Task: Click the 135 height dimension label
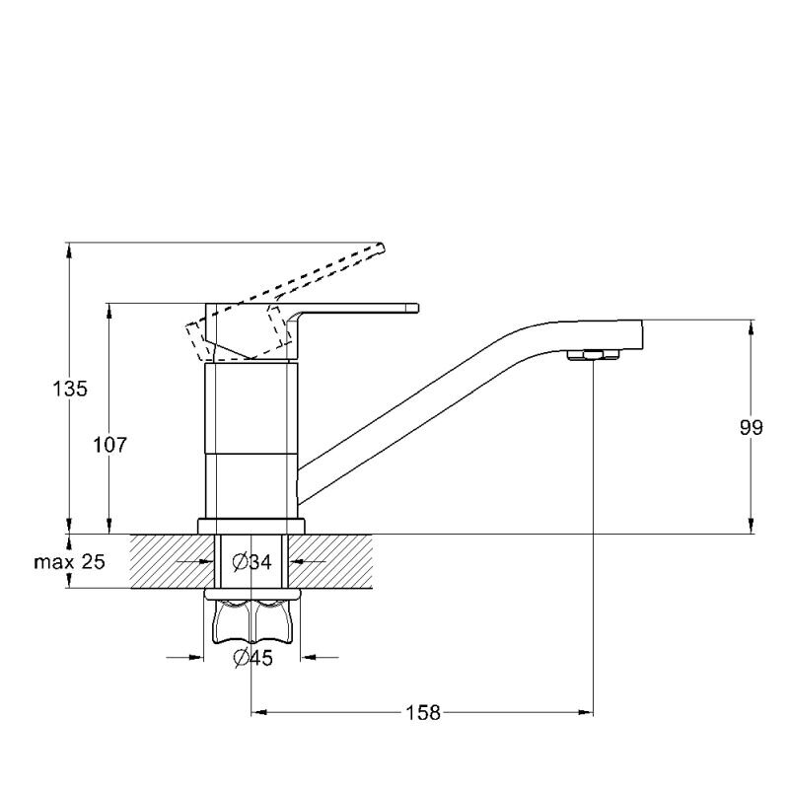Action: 70,389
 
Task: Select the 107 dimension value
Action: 109,445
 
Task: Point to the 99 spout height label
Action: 752,428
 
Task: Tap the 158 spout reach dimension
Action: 423,712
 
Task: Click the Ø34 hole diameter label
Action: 252,561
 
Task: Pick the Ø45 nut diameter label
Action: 253,658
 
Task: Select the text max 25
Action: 69,561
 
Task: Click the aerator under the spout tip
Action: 593,355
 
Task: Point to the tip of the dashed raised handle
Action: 382,248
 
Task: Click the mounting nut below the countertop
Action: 252,617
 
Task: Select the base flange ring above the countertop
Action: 251,527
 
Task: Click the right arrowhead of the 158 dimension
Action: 586,712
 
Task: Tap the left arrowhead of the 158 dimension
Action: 258,712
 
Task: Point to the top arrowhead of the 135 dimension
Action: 69,251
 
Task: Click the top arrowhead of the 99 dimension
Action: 752,327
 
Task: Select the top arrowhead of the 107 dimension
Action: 109,311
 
